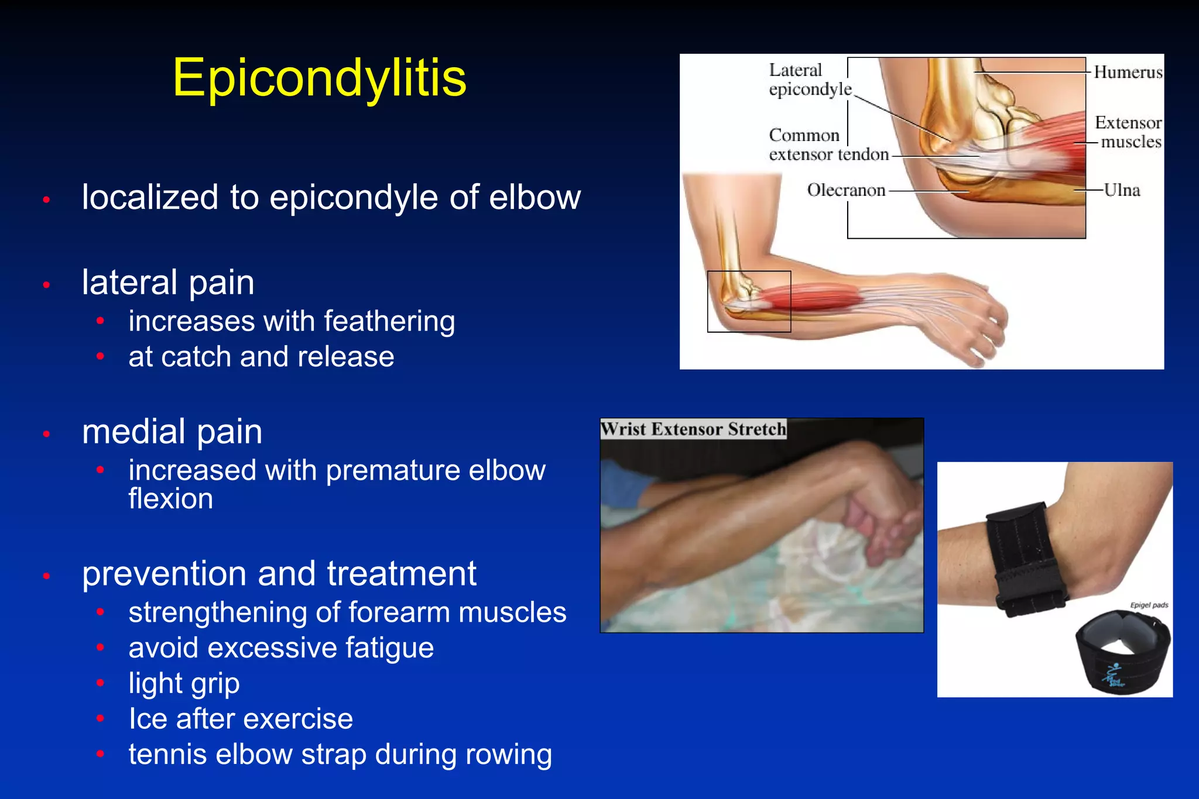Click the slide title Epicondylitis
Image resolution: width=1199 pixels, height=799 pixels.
(319, 78)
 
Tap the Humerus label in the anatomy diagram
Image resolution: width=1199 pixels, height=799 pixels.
(1128, 72)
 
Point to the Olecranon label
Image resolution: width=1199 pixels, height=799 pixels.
(846, 190)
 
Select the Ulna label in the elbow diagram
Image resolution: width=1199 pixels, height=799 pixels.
(1122, 190)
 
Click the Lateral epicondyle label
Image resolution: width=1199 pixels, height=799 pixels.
(810, 80)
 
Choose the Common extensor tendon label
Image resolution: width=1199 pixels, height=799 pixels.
(828, 145)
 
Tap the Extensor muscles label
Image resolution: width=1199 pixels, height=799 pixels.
(1128, 132)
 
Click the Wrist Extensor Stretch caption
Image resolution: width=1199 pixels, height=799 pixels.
(693, 429)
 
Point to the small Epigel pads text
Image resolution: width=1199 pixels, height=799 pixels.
(1149, 605)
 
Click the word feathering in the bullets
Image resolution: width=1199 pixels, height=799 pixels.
(389, 322)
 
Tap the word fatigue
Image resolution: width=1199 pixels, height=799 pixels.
(389, 648)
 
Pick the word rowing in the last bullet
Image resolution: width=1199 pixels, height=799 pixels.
(508, 755)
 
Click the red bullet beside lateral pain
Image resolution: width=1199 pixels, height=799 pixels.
(47, 285)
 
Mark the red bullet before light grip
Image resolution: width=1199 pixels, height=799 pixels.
(101, 683)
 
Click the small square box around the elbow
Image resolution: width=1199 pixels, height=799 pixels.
(749, 301)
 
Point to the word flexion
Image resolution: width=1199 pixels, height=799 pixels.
(170, 499)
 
